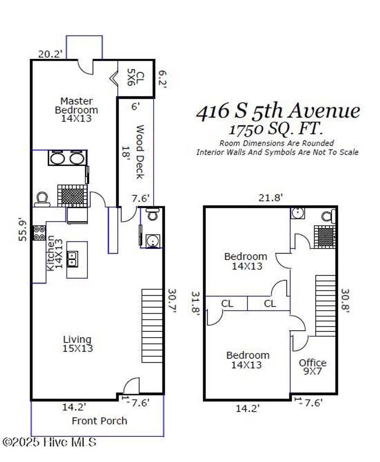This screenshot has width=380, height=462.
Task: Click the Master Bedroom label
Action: [x=76, y=110]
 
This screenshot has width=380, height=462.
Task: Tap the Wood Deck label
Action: [x=139, y=152]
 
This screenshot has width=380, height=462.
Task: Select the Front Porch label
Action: [x=99, y=421]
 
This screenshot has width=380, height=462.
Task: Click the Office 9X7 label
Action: [x=312, y=366]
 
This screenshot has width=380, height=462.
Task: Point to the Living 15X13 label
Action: [x=78, y=344]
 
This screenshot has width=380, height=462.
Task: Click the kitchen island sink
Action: [x=72, y=259]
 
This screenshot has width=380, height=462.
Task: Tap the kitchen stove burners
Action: [x=39, y=233]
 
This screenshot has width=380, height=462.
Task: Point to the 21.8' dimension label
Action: [x=271, y=198]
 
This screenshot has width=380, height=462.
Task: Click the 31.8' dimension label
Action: [x=196, y=304]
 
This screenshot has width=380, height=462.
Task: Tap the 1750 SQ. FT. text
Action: [x=275, y=129]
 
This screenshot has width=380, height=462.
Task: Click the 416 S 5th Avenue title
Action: [x=278, y=111]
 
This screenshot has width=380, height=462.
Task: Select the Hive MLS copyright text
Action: [x=49, y=442]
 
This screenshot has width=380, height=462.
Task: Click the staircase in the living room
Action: [x=153, y=326]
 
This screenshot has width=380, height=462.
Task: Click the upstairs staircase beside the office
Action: [x=325, y=306]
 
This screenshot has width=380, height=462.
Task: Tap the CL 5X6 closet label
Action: [x=135, y=78]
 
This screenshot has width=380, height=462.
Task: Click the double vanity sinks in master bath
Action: [x=67, y=158]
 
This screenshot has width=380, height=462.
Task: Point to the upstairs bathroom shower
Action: [x=325, y=236]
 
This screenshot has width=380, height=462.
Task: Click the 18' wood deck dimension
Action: [x=126, y=152]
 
